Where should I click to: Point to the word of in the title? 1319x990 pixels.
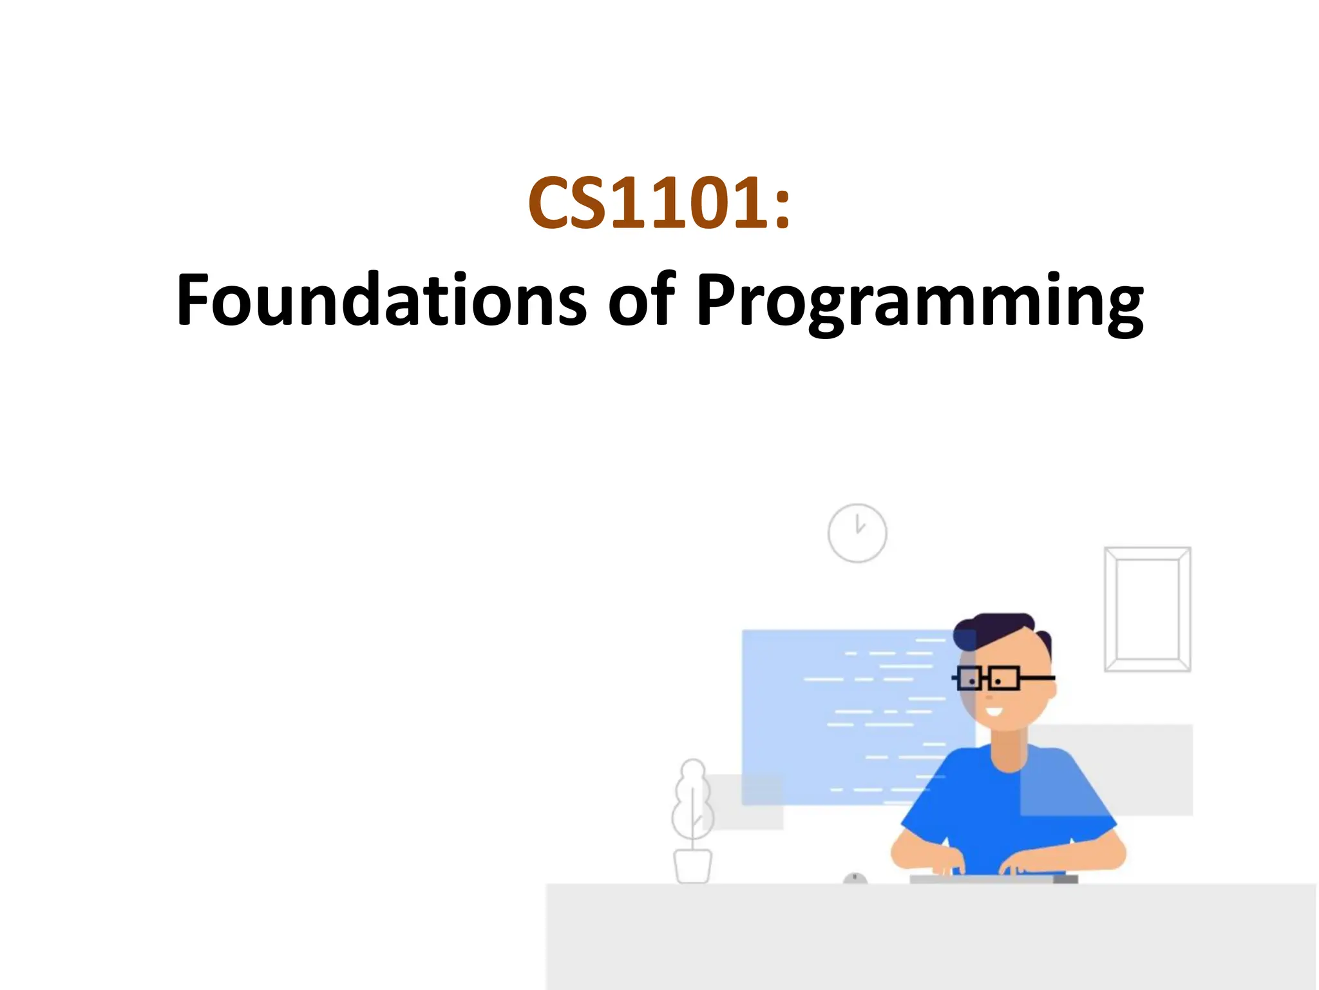(641, 299)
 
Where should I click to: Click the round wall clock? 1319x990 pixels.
(857, 533)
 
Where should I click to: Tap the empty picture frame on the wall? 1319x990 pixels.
(1147, 609)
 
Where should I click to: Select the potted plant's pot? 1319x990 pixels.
(692, 866)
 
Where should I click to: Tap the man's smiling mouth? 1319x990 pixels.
(993, 712)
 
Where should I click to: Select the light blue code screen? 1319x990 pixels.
(837, 709)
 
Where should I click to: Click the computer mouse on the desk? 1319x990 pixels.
(855, 878)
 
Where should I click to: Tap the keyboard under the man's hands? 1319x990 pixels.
(992, 878)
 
